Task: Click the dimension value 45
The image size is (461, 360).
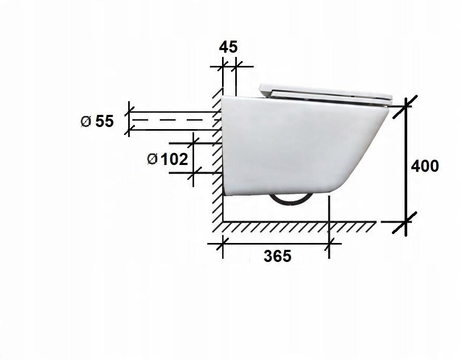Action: click(228, 47)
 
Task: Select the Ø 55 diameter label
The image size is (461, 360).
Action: click(97, 121)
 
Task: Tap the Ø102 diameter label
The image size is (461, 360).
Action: click(168, 159)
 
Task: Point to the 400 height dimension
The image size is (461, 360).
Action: click(425, 166)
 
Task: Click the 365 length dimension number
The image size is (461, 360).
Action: click(277, 256)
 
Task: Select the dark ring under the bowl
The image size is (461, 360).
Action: click(291, 201)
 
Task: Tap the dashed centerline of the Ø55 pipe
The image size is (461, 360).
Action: click(174, 120)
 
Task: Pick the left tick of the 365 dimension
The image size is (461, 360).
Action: click(223, 244)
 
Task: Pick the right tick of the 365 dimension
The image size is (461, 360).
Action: click(330, 244)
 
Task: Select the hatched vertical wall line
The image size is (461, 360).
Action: click(217, 158)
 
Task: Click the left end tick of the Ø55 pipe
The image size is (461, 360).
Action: click(128, 120)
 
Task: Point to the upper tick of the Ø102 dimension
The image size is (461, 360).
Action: click(194, 142)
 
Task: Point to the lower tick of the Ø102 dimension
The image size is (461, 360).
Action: click(194, 173)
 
